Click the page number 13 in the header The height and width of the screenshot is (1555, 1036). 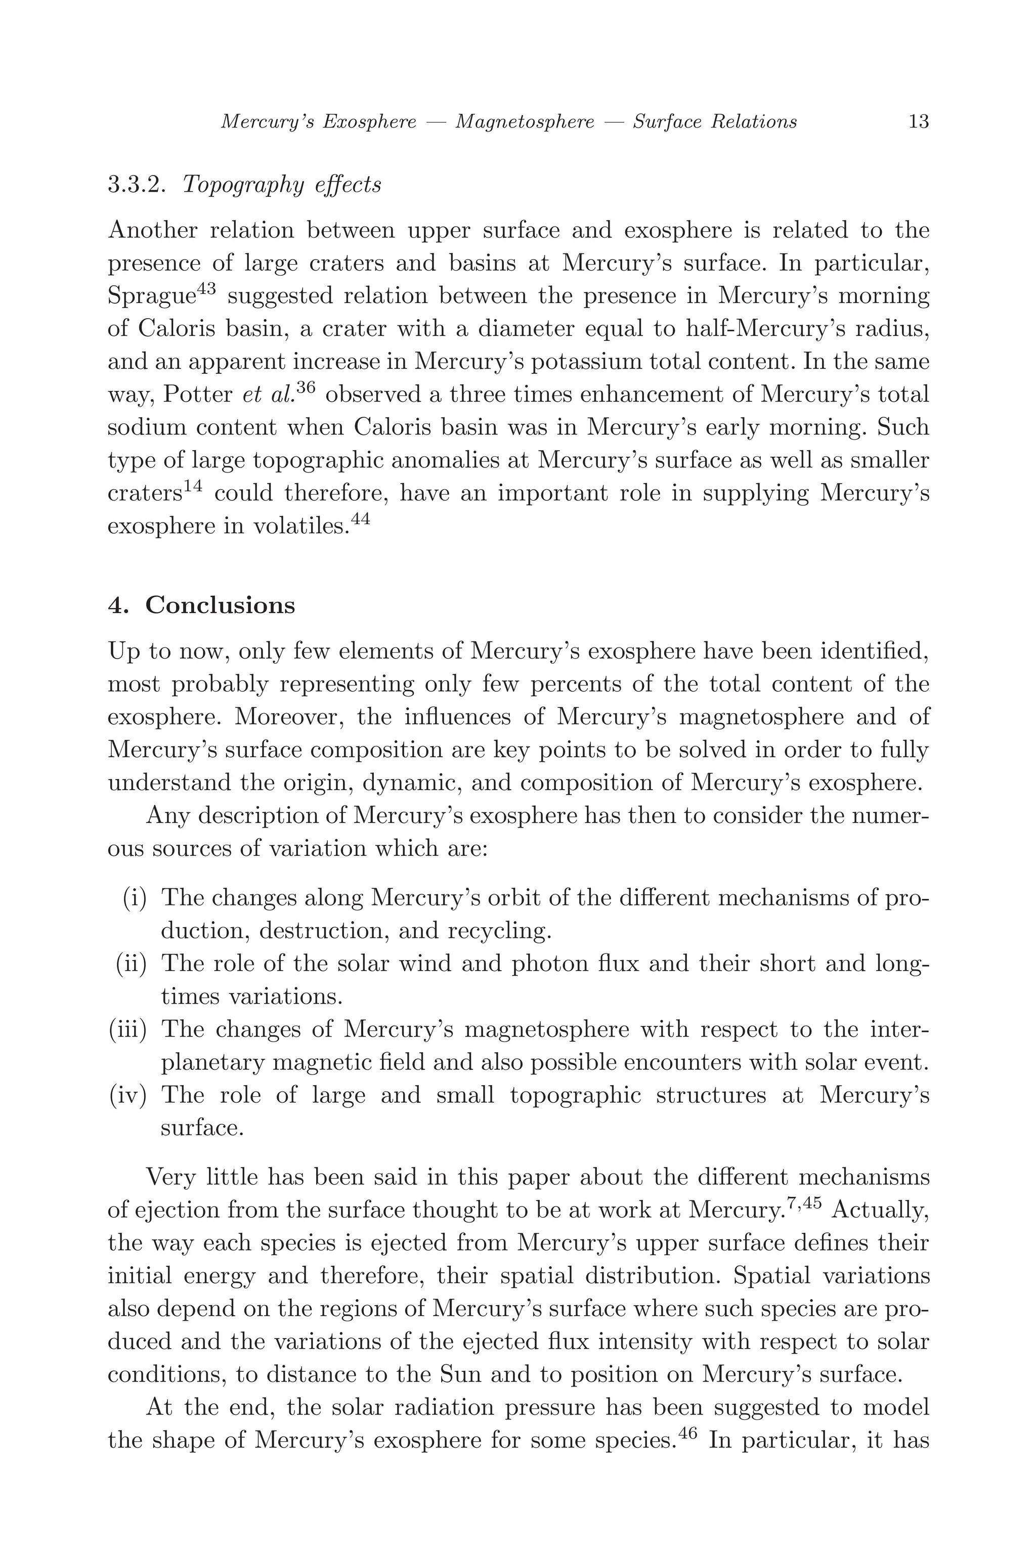pyautogui.click(x=919, y=121)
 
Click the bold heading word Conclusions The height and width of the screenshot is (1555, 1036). pyautogui.click(x=220, y=605)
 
